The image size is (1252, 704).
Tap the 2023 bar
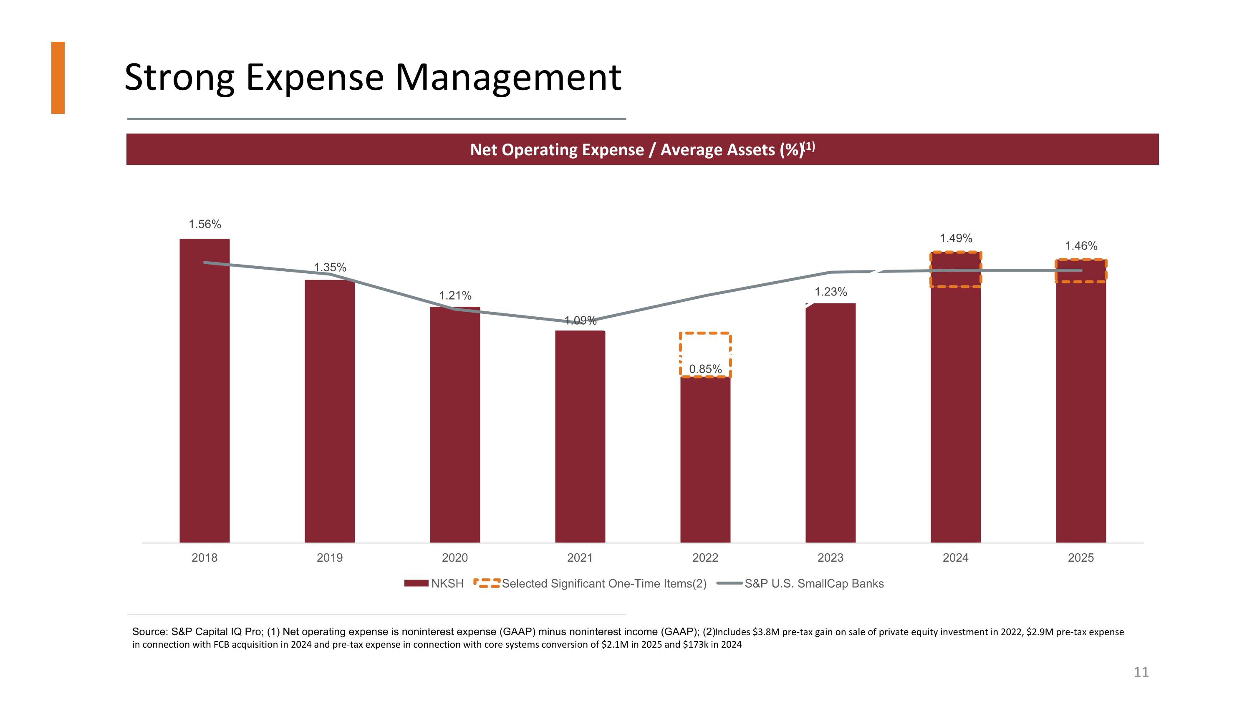(x=830, y=423)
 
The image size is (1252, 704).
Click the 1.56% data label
(x=204, y=224)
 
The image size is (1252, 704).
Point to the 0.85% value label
(x=705, y=369)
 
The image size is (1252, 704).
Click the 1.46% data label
(x=1081, y=246)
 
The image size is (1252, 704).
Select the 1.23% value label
(x=830, y=292)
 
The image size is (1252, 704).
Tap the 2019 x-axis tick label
(x=330, y=558)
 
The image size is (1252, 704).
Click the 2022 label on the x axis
(x=705, y=558)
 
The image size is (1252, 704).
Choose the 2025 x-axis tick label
(x=1080, y=558)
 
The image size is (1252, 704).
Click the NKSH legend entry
(x=434, y=583)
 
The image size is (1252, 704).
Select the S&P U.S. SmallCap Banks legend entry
(x=800, y=583)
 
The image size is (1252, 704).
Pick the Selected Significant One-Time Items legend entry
(x=590, y=583)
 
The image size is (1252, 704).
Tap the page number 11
(x=1141, y=672)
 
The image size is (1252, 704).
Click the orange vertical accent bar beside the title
(x=58, y=78)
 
